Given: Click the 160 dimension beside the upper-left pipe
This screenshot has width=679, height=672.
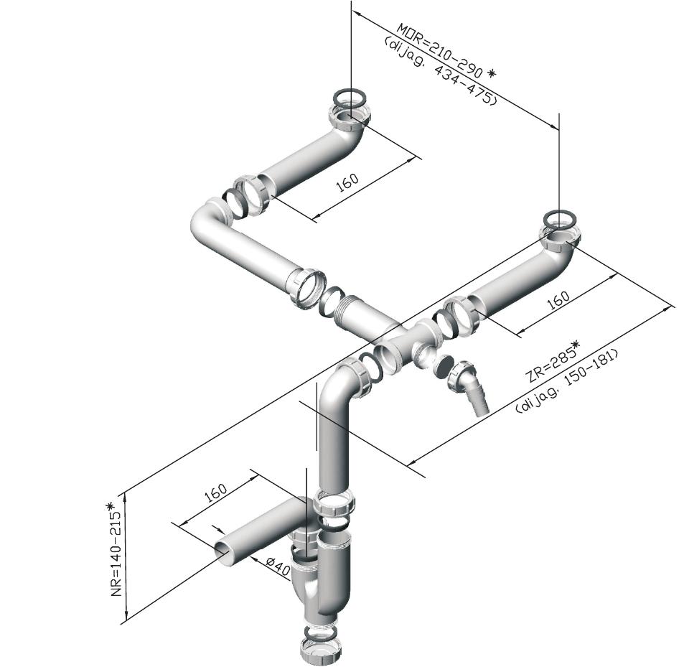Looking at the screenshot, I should (347, 183).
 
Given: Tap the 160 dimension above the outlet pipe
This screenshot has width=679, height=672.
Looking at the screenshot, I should (215, 493).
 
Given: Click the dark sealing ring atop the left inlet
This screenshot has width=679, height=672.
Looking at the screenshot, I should (349, 96).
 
